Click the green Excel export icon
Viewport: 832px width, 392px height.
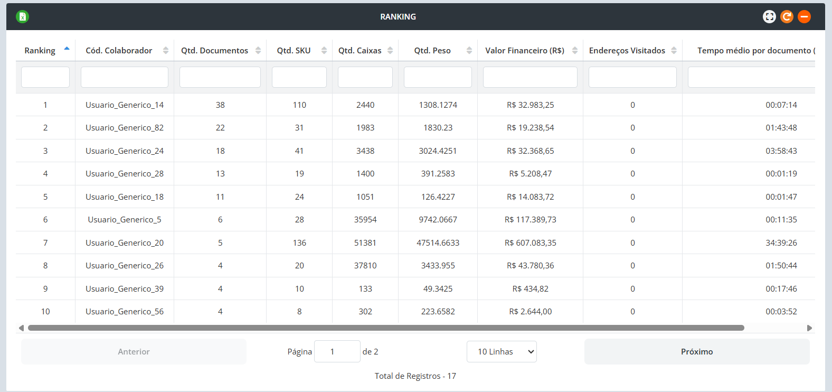[x=22, y=17]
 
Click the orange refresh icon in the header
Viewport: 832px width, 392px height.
[x=787, y=17]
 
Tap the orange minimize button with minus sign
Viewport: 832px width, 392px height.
[x=804, y=17]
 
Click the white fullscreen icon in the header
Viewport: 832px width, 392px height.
[x=769, y=17]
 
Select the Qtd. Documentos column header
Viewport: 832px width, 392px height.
[x=214, y=51]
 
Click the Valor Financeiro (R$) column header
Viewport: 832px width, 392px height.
[x=525, y=51]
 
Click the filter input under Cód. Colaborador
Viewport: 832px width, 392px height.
[x=125, y=77]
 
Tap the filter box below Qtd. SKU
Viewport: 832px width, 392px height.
[x=299, y=77]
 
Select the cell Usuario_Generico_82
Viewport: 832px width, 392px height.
[x=125, y=128]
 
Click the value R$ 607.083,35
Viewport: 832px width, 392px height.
[x=531, y=243]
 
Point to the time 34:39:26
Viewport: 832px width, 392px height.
[x=781, y=243]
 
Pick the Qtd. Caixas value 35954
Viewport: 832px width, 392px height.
[x=365, y=220]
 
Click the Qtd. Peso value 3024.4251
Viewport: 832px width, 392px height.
[x=438, y=151]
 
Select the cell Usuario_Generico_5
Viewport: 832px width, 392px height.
[x=125, y=220]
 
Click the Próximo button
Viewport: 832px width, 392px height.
[x=697, y=352]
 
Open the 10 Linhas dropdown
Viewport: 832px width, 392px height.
[x=502, y=352]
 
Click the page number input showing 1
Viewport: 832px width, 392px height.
[x=337, y=352]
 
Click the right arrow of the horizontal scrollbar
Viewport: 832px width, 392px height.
[x=809, y=328]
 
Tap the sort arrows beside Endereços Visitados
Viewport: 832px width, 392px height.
[x=674, y=51]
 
